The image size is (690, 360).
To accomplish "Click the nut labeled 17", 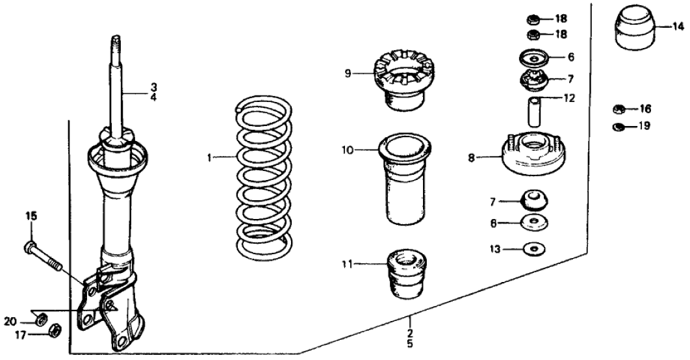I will click(x=55, y=329).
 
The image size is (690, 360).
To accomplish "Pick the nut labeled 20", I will click(x=39, y=318).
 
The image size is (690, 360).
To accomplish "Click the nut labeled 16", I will click(x=619, y=109).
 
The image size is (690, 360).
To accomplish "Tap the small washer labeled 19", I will click(x=619, y=125).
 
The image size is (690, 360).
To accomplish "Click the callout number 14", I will click(x=678, y=27).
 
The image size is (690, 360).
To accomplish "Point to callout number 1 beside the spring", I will click(x=210, y=157).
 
